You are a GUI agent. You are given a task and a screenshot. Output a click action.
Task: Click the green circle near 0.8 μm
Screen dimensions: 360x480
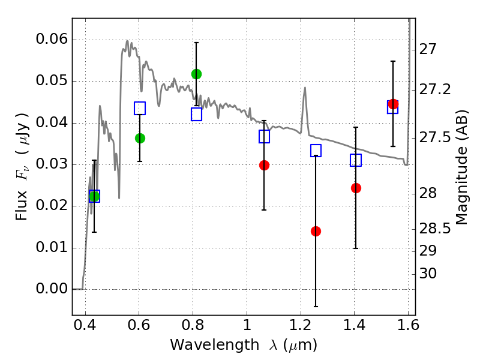tap(196, 74)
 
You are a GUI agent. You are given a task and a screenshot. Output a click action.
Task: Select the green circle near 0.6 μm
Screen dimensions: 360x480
tap(140, 138)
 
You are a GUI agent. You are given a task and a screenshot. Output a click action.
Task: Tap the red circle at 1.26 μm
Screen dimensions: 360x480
tap(316, 231)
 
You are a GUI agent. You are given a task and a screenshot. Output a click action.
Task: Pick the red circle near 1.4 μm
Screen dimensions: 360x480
tap(356, 188)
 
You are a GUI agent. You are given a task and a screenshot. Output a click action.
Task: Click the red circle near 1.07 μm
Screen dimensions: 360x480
tap(264, 165)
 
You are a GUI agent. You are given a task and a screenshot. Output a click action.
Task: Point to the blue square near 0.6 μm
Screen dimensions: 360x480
tap(140, 108)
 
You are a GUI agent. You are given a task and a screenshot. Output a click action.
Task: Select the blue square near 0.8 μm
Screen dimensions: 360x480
tap(196, 114)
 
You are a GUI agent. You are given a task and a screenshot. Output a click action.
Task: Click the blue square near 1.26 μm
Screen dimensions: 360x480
tap(316, 151)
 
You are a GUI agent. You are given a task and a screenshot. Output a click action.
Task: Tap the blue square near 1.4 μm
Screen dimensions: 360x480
tap(356, 160)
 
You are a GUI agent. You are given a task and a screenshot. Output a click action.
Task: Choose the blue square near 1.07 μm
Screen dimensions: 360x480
tap(264, 136)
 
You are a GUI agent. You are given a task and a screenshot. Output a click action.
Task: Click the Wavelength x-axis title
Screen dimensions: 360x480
tap(243, 345)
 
